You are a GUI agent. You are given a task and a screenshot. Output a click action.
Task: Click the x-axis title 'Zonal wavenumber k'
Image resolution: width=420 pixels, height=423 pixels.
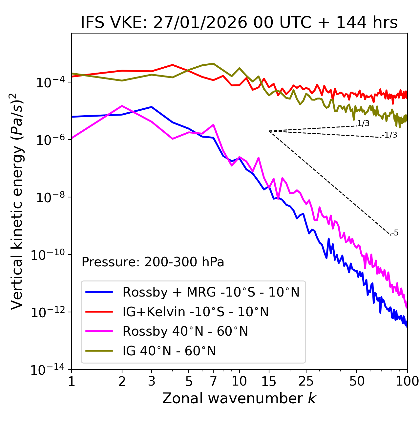click(x=239, y=399)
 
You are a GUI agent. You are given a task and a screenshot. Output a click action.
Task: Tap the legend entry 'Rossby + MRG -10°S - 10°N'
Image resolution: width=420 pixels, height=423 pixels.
click(x=211, y=292)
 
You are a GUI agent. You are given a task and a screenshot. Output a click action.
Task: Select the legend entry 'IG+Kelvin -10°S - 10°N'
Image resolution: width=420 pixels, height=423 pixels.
click(x=196, y=312)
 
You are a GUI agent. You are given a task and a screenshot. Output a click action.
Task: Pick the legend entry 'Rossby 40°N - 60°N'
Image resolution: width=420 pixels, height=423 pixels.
click(x=185, y=331)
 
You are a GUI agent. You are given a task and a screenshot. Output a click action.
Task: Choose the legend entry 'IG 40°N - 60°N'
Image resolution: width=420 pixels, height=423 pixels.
click(x=169, y=351)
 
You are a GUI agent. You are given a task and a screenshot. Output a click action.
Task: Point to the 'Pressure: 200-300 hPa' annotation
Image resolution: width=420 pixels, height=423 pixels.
click(x=153, y=262)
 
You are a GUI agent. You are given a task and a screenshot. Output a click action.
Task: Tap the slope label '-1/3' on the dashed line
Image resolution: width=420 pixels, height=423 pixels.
click(x=389, y=135)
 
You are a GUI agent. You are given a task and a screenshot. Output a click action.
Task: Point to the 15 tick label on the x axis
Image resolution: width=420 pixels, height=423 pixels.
click(x=269, y=381)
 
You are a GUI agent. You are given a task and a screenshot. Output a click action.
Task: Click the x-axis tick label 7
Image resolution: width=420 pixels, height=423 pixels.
click(x=213, y=381)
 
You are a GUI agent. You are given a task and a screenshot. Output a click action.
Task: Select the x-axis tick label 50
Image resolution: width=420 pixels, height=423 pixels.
click(x=357, y=381)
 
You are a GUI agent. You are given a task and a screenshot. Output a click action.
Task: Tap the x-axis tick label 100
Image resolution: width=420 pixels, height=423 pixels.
click(x=407, y=381)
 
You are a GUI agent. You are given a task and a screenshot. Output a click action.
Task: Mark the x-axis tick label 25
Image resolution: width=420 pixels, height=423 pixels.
click(x=306, y=381)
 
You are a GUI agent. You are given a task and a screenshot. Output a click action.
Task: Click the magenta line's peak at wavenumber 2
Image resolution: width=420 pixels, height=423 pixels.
click(x=122, y=106)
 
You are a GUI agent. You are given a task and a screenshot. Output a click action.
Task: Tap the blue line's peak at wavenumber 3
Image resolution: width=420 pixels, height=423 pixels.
click(x=151, y=107)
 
